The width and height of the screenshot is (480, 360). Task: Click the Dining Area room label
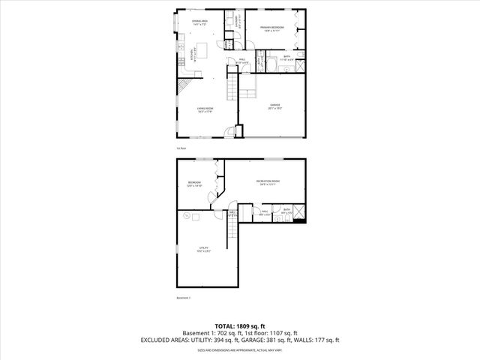(199, 22)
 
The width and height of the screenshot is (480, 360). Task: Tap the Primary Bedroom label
(274, 28)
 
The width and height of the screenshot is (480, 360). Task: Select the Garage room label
(274, 107)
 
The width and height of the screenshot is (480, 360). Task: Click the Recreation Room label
(268, 182)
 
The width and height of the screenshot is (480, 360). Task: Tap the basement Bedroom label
(195, 184)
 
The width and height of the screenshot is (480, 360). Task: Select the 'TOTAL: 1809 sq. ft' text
(240, 325)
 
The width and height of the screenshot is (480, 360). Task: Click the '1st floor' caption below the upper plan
(181, 148)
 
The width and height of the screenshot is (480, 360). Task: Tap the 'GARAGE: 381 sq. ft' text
(282, 340)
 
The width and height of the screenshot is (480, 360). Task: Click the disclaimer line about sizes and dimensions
(240, 349)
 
